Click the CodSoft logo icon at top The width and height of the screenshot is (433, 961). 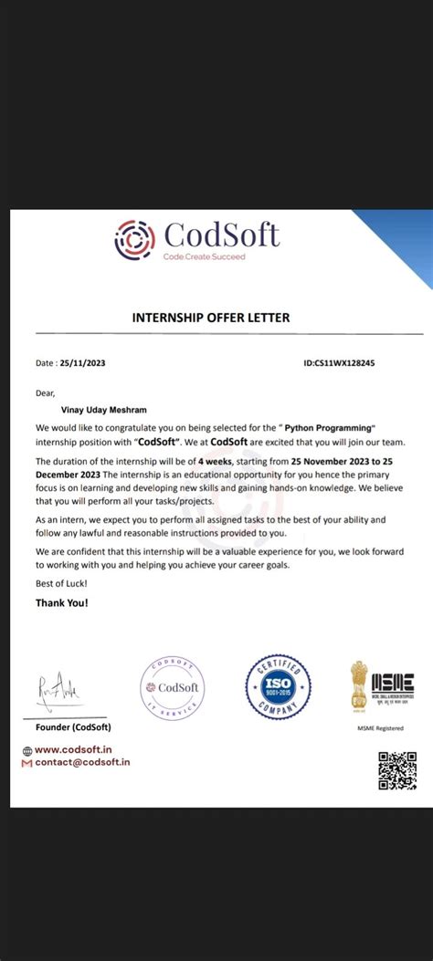tap(135, 240)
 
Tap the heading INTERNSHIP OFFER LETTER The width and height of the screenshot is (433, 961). tap(211, 318)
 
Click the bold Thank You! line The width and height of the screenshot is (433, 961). tap(62, 602)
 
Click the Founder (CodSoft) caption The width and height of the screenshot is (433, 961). tap(73, 726)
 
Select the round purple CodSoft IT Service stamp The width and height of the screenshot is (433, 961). tap(172, 687)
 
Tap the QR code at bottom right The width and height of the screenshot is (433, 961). tap(397, 770)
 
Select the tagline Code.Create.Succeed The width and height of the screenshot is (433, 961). tap(205, 257)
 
